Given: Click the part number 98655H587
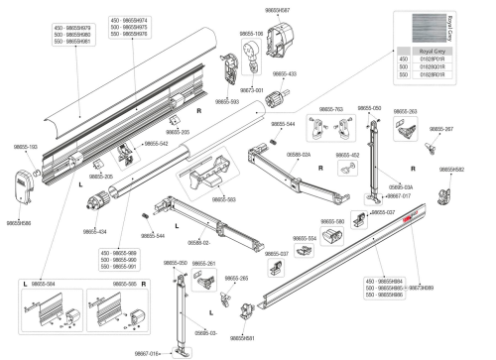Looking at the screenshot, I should click(x=278, y=9).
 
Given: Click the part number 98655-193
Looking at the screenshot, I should click(x=26, y=147).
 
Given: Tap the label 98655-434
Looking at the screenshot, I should click(x=95, y=232).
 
